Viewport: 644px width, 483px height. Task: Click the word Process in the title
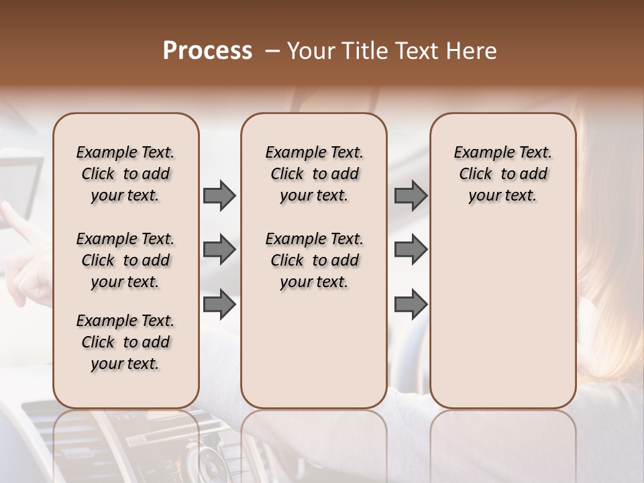click(207, 51)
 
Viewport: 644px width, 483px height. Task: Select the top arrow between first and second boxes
click(219, 195)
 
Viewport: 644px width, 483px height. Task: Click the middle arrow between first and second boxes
click(219, 250)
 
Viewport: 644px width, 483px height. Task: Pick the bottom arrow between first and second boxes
click(219, 304)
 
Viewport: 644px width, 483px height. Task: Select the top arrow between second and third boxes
click(411, 195)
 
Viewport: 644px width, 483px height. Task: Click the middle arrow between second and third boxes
click(411, 250)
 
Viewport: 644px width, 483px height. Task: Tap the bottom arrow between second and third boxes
click(411, 304)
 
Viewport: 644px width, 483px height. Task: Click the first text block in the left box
click(125, 174)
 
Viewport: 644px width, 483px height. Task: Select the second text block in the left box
click(125, 260)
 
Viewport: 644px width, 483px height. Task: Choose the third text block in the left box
click(125, 342)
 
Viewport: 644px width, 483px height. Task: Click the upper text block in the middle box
click(314, 174)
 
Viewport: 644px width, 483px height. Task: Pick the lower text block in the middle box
click(314, 260)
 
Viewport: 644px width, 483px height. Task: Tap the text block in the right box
click(502, 174)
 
